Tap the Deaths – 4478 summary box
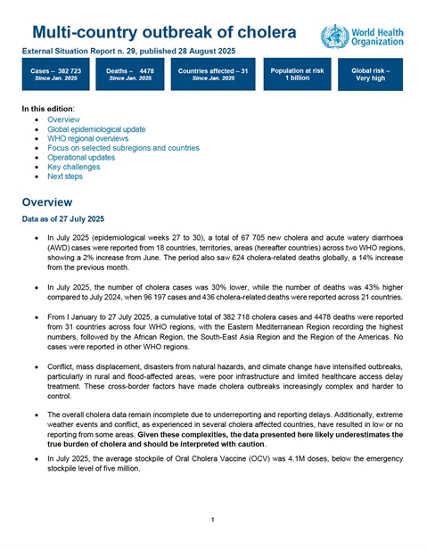point(128,73)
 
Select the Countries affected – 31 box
point(212,73)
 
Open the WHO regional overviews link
point(88,139)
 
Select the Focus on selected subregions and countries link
point(123,148)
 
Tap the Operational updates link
point(82,158)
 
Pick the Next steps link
point(67,176)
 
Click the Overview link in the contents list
point(63,119)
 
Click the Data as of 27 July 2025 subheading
point(63,219)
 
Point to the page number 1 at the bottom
point(213,519)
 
